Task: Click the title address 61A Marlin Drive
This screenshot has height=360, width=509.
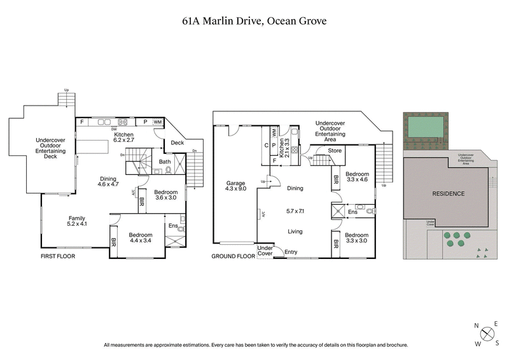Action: (x=254, y=21)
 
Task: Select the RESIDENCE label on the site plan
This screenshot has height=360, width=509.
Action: (x=448, y=193)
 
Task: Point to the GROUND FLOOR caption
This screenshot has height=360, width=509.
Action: (x=233, y=256)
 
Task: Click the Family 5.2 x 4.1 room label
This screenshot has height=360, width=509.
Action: (x=77, y=221)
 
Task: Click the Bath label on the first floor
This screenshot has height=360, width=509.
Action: (x=165, y=162)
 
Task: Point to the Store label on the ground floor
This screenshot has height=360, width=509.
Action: (x=335, y=151)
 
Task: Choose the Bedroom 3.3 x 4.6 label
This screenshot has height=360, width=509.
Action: (x=357, y=177)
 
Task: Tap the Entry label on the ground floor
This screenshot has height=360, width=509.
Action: (x=291, y=252)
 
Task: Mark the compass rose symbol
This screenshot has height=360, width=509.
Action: (x=487, y=333)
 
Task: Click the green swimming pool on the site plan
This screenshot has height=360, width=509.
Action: (x=424, y=127)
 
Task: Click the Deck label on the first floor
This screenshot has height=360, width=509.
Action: (x=178, y=142)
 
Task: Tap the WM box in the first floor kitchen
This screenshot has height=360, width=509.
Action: (x=158, y=121)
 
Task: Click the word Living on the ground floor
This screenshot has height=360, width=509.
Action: (x=295, y=232)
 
